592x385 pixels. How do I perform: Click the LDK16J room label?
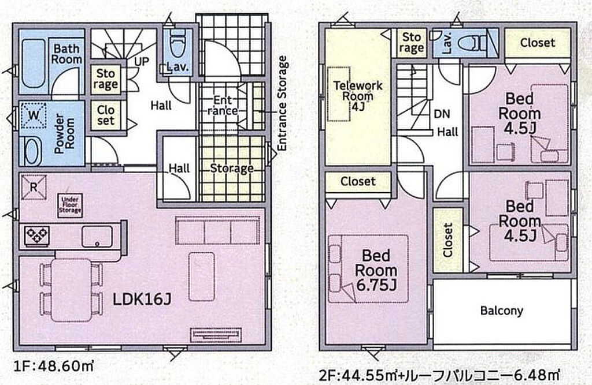(142, 299)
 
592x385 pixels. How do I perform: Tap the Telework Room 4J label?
(357, 96)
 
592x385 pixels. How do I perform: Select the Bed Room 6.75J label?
(376, 270)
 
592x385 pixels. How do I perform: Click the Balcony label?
(501, 311)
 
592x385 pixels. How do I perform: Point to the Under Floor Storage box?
(70, 205)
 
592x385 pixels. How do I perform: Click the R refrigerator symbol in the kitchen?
(34, 187)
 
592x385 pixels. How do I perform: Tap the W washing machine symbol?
(33, 115)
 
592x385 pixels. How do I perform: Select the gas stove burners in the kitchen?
(36, 236)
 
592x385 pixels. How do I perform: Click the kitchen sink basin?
(97, 237)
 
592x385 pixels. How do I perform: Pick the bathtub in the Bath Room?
(34, 63)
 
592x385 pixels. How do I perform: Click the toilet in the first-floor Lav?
(177, 47)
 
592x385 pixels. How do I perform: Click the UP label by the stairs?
(142, 61)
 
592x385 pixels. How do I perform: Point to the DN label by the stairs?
(442, 114)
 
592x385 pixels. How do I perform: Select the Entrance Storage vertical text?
(282, 103)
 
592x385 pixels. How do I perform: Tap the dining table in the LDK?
(71, 290)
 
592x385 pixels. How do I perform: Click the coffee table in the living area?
(202, 276)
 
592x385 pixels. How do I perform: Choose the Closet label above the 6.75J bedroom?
(358, 181)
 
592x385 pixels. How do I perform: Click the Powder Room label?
(65, 133)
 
